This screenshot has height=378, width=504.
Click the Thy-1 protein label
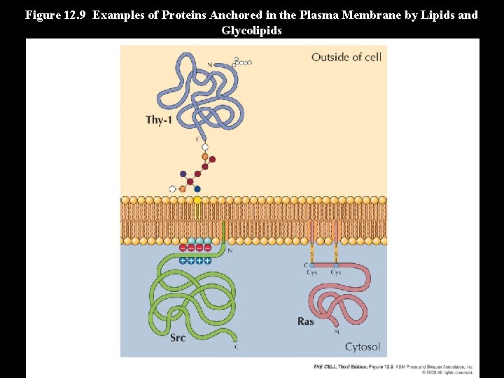(x=159, y=120)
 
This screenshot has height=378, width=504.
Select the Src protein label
(x=178, y=337)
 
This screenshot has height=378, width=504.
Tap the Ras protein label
(x=306, y=321)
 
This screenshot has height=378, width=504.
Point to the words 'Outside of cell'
(x=346, y=57)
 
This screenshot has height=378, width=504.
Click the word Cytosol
(x=363, y=346)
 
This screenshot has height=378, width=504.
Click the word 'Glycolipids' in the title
(x=251, y=30)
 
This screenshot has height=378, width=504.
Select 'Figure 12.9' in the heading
(x=55, y=15)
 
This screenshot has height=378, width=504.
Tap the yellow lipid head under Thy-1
(x=197, y=199)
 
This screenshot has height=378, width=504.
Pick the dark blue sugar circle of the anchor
(x=197, y=189)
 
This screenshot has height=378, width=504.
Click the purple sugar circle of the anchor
(x=183, y=174)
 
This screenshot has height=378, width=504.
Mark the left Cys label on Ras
(x=311, y=272)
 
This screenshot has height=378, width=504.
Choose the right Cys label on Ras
(x=336, y=272)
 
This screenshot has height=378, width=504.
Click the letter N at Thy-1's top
(x=209, y=65)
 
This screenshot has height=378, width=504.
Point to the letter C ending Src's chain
(x=236, y=346)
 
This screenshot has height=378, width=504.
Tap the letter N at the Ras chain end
(x=337, y=332)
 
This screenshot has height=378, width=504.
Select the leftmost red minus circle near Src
(x=183, y=247)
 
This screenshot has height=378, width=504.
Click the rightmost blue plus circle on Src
(x=208, y=260)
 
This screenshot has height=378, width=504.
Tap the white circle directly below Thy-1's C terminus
(x=204, y=148)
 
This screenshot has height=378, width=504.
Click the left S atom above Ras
(x=312, y=255)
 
